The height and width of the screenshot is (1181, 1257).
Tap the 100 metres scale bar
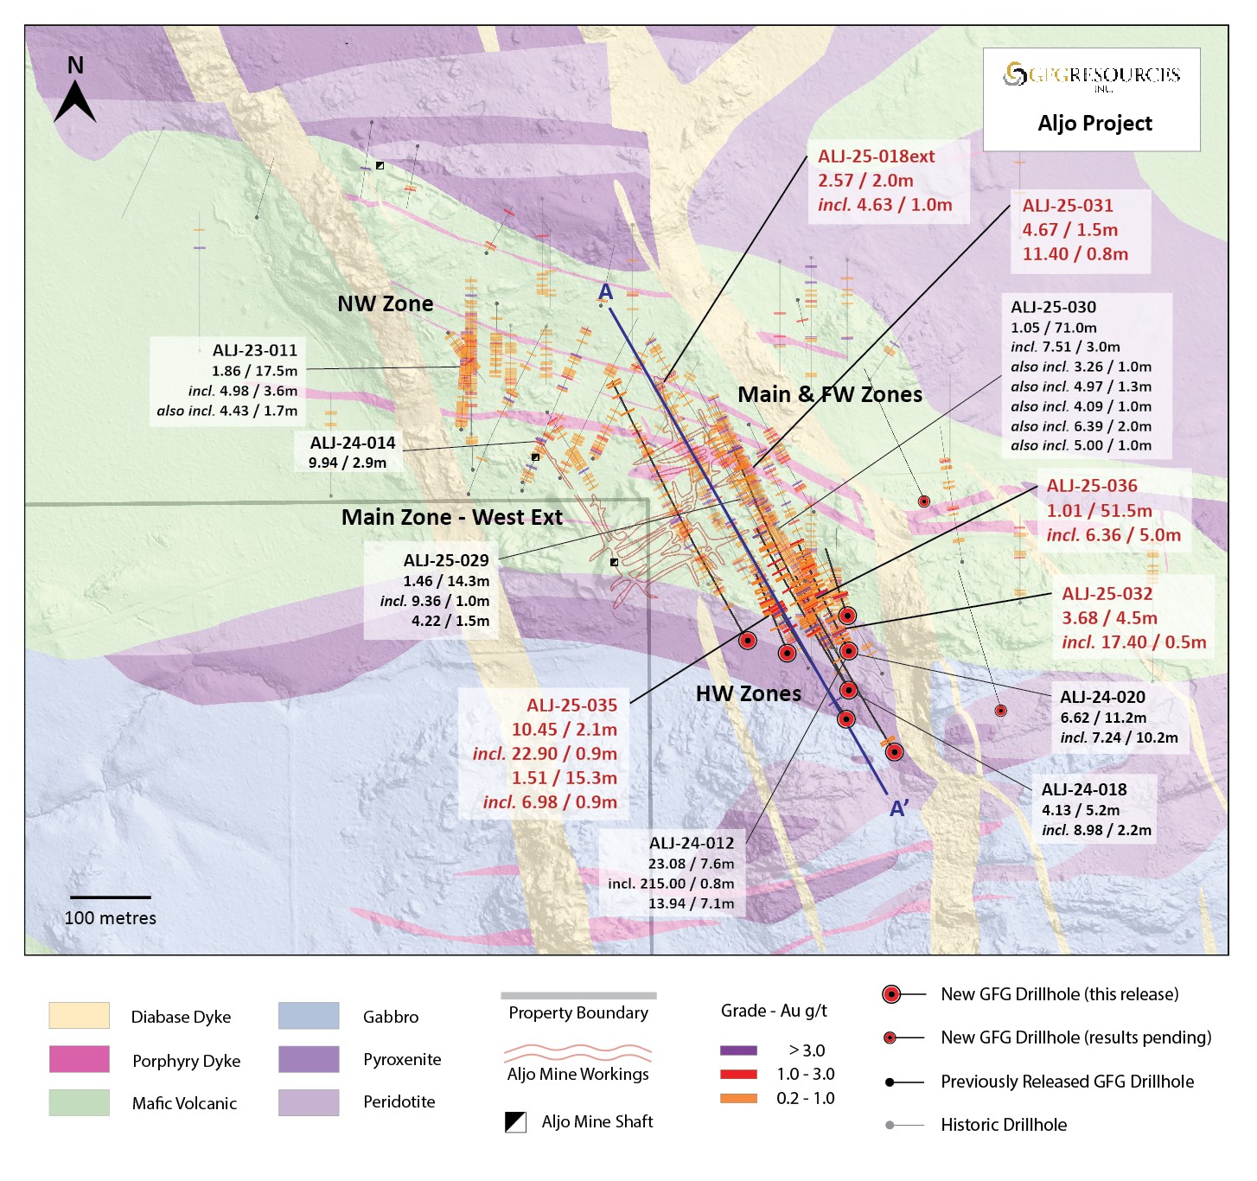pyautogui.click(x=110, y=897)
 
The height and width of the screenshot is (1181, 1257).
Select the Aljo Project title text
pyautogui.click(x=1094, y=124)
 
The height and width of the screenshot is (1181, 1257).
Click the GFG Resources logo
pyautogui.click(x=1092, y=75)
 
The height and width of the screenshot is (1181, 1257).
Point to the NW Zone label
pyautogui.click(x=386, y=304)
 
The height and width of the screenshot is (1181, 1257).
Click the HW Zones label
pyautogui.click(x=749, y=693)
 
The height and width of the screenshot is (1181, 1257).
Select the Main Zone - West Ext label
pyautogui.click(x=451, y=517)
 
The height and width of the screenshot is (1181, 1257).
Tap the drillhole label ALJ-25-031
pyautogui.click(x=1068, y=206)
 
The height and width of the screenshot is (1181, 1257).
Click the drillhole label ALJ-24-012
pyautogui.click(x=692, y=843)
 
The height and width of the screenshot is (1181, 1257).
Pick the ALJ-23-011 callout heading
pyautogui.click(x=255, y=350)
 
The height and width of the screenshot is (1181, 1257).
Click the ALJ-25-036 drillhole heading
pyautogui.click(x=1092, y=486)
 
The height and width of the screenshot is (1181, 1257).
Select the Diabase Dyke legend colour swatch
pyautogui.click(x=79, y=1016)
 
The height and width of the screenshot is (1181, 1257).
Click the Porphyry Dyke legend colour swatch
pyautogui.click(x=79, y=1059)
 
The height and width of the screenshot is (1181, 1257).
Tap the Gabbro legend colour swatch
pyautogui.click(x=309, y=1016)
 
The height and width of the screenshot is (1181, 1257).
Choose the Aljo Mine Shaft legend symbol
pyautogui.click(x=515, y=1122)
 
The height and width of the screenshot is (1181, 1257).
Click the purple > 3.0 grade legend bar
pyautogui.click(x=738, y=1050)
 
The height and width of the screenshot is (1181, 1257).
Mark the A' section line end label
pyautogui.click(x=899, y=809)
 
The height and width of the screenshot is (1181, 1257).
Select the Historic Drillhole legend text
pyautogui.click(x=1004, y=1125)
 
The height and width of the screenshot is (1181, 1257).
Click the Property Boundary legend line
pyautogui.click(x=578, y=995)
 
